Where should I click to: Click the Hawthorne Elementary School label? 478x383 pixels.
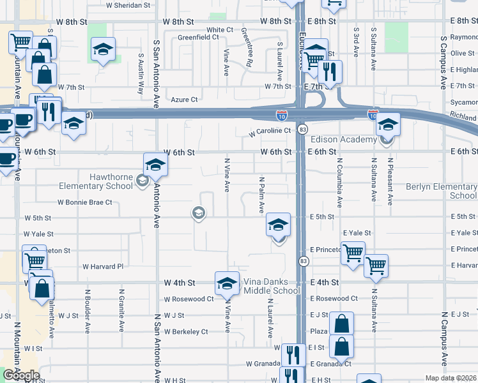click(x=95, y=181)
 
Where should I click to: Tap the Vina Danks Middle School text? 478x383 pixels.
click(x=272, y=286)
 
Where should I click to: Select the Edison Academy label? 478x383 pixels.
click(x=343, y=140)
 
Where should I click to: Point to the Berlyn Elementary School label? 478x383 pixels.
click(x=442, y=191)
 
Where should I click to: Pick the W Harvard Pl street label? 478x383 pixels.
click(x=102, y=267)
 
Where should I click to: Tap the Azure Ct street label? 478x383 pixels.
click(x=184, y=100)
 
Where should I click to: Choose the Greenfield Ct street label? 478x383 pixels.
click(x=198, y=38)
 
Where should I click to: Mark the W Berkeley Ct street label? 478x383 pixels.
click(x=186, y=332)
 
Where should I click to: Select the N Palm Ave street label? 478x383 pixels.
click(x=261, y=195)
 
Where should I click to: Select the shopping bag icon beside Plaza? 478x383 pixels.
click(x=342, y=323)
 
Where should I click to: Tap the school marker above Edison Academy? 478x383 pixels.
click(x=387, y=123)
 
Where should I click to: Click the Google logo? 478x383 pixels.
click(x=21, y=375)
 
